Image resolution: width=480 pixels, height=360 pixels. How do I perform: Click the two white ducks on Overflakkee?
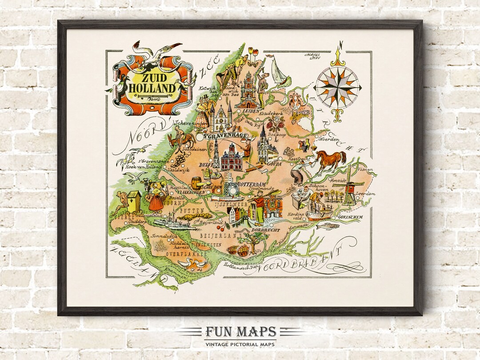coord(192,264)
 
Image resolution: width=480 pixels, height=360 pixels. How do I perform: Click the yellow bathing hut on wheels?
coord(134,200)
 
